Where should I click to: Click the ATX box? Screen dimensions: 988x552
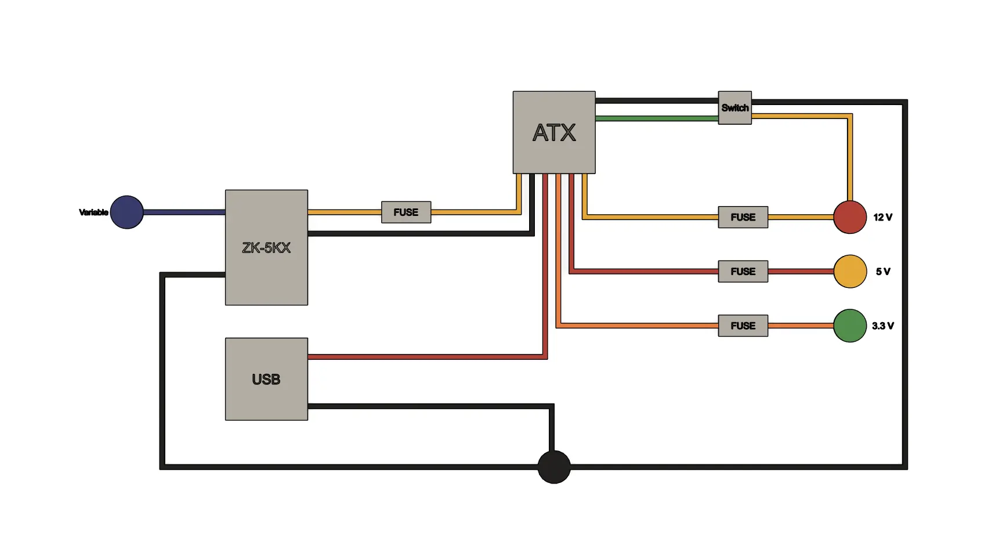tap(554, 132)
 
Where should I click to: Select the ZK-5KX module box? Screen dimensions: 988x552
tap(266, 247)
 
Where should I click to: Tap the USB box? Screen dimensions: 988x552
tap(266, 379)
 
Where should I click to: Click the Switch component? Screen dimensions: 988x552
tap(735, 107)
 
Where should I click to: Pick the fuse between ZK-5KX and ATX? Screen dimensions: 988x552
tap(406, 212)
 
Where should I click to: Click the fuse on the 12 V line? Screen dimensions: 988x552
tap(743, 217)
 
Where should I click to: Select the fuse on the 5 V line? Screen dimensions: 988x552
tap(743, 272)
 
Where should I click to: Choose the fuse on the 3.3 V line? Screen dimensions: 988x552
tap(743, 326)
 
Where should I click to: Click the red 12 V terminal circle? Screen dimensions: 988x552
tap(850, 217)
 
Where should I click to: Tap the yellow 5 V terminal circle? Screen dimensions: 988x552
tap(850, 272)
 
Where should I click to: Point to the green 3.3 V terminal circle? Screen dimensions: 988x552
tap(850, 326)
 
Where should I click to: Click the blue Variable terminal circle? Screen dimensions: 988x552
tap(127, 212)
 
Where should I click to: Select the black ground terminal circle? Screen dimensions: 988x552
tap(554, 467)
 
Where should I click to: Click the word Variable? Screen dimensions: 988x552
tap(93, 212)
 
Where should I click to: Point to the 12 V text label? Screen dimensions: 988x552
tap(883, 218)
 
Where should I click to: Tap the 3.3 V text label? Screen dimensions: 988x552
tap(883, 326)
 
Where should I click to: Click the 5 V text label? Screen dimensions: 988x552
tap(883, 272)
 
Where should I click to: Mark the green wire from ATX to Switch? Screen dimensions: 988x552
tap(657, 118)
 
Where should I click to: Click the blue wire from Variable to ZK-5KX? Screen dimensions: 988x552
tap(184, 212)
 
